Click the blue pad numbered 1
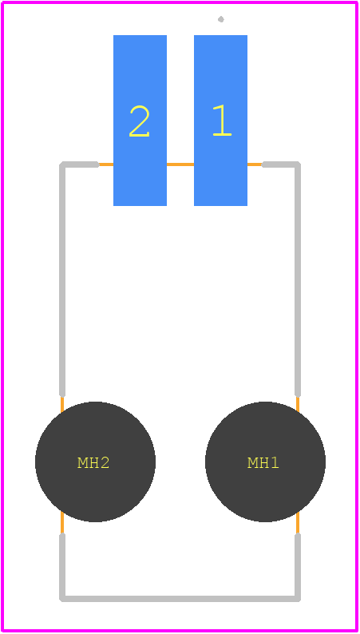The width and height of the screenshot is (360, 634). [x=220, y=121]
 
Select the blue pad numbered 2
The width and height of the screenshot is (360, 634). [x=140, y=121]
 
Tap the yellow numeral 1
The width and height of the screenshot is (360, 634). [x=222, y=120]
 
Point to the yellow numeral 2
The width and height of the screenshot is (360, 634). [x=140, y=121]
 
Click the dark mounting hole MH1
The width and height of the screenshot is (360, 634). [x=265, y=462]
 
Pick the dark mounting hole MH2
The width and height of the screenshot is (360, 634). [x=95, y=462]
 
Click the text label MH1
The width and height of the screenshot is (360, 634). [x=263, y=462]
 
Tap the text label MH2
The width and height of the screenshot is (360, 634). [x=93, y=462]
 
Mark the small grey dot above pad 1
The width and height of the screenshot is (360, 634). [x=221, y=19]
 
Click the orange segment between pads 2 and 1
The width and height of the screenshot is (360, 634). [x=180, y=164]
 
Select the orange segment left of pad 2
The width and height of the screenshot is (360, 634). [x=106, y=164]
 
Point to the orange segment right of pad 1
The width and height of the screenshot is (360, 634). [x=255, y=164]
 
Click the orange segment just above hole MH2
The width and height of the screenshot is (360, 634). [x=62, y=404]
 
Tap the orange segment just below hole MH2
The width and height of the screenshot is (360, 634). [x=62, y=523]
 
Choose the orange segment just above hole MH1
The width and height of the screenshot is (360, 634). [x=298, y=404]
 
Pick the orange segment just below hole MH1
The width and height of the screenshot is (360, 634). [x=298, y=523]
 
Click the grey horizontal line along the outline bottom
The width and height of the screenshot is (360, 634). [x=180, y=598]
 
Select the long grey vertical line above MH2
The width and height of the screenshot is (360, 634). [x=62, y=279]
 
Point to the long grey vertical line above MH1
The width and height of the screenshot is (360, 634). [x=298, y=279]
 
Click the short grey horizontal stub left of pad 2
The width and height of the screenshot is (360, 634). [x=80, y=164]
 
